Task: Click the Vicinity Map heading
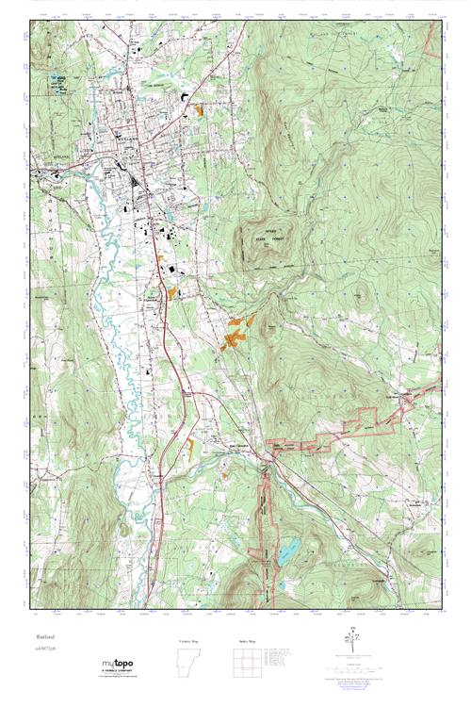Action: click(x=189, y=640)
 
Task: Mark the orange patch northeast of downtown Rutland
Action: click(x=201, y=109)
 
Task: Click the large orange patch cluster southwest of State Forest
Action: click(x=235, y=332)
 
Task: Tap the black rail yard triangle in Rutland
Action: click(x=136, y=174)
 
